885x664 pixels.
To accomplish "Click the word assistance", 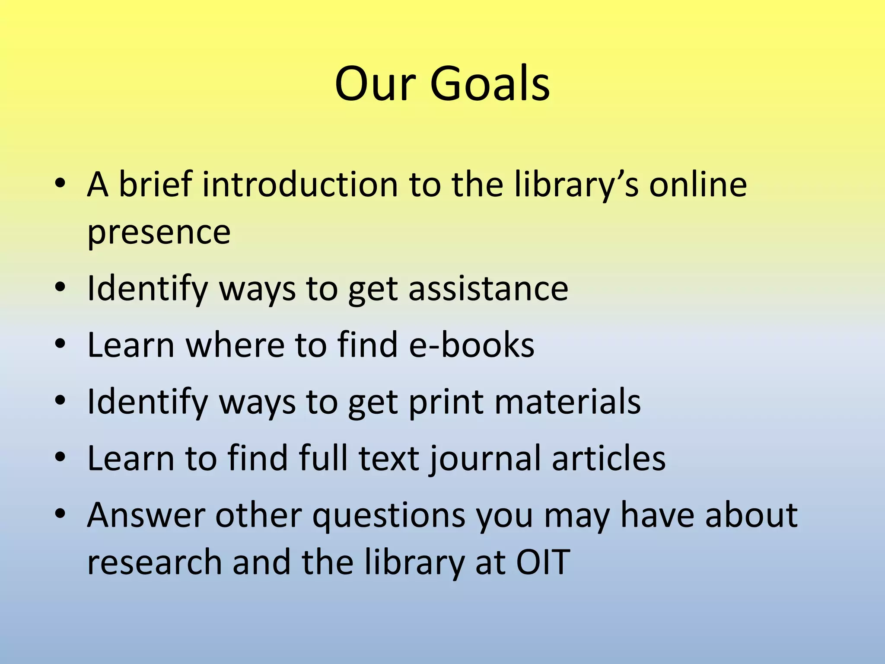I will (488, 288).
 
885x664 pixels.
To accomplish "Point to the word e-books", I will (471, 345).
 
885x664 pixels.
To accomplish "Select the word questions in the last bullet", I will (388, 516).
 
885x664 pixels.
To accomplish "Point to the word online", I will (698, 185).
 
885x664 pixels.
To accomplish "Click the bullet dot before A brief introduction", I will (60, 185).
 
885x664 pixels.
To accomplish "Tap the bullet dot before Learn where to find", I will (60, 345).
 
